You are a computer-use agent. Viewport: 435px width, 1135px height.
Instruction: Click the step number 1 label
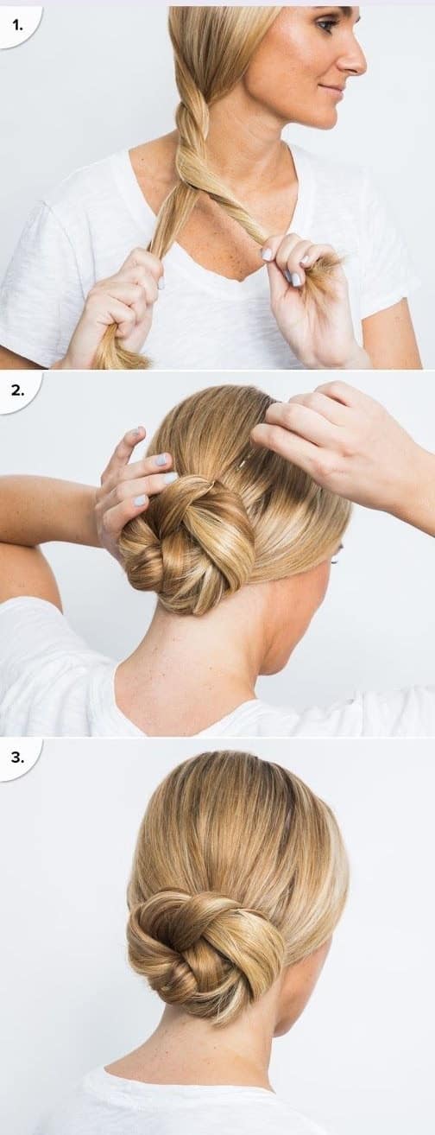pos(18,25)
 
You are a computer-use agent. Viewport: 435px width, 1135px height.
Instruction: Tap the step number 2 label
pos(18,390)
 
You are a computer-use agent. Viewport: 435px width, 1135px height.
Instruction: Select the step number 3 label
pos(18,757)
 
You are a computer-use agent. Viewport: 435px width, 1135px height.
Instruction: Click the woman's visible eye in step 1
pos(325,25)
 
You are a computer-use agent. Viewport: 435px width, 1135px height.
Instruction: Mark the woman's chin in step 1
pos(325,116)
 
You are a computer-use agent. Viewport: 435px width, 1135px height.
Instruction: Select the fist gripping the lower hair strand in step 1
pos(119,309)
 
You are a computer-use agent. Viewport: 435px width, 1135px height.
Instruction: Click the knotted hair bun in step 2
pos(187,545)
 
